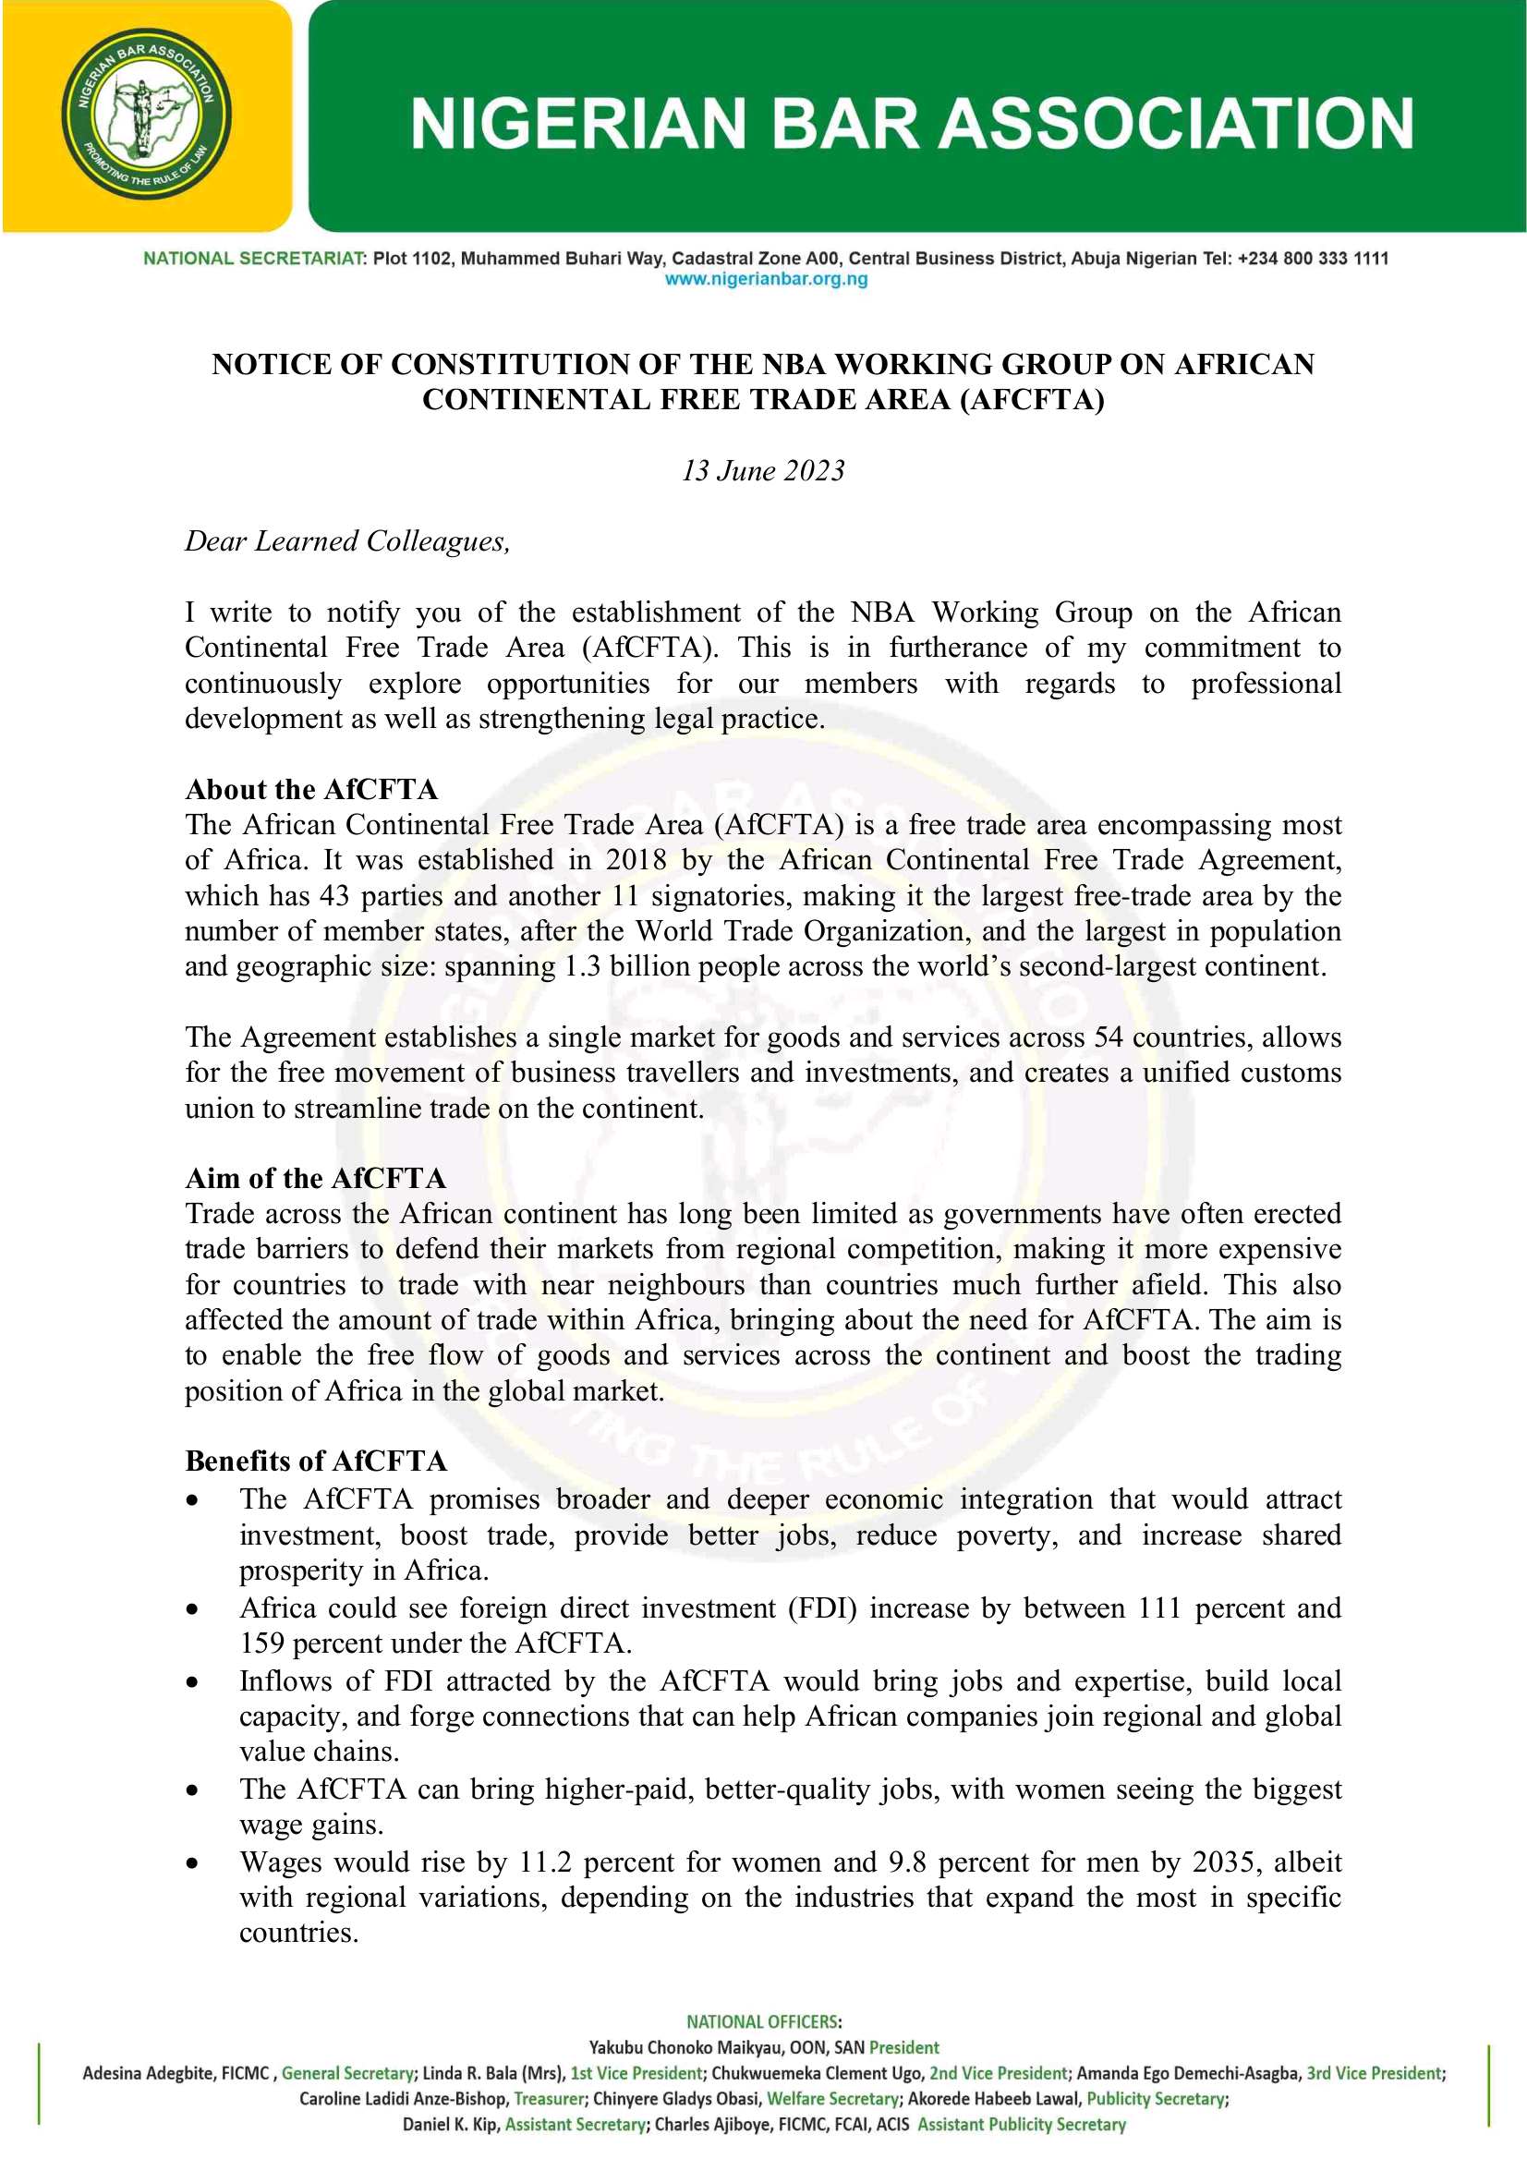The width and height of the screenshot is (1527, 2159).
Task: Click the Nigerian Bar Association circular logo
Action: [147, 114]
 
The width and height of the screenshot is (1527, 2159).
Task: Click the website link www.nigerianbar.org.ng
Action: [766, 279]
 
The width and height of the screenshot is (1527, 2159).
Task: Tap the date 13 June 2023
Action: [762, 470]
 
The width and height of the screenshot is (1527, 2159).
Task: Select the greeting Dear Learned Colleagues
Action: [347, 541]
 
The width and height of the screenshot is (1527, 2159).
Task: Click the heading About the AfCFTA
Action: [311, 789]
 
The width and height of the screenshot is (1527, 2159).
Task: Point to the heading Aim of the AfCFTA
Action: [315, 1178]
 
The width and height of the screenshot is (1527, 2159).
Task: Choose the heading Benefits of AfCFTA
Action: [316, 1461]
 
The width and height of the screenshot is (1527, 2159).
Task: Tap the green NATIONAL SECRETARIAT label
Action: [253, 259]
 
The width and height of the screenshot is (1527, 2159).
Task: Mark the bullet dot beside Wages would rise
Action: [193, 1862]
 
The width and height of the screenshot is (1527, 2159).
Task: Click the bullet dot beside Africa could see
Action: [193, 1609]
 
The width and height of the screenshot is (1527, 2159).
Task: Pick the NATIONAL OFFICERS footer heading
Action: [763, 2021]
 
